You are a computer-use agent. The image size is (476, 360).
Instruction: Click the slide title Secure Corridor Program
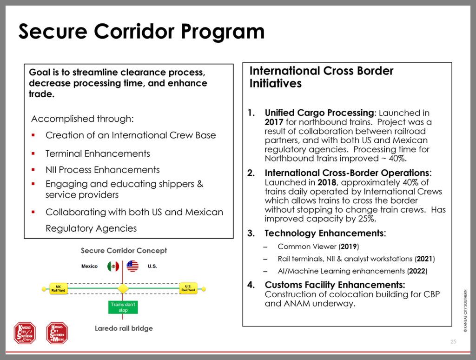141,31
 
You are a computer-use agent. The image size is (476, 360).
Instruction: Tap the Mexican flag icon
113,266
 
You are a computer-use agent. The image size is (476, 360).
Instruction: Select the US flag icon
132,266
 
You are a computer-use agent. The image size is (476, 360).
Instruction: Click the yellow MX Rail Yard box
58,288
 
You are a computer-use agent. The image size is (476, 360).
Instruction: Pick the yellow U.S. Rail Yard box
188,288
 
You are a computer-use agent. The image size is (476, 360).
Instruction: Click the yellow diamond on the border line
123,288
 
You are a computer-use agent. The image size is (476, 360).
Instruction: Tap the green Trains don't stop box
123,307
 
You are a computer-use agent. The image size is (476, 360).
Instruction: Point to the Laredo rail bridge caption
124,328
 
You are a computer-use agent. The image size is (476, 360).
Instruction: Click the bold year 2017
274,122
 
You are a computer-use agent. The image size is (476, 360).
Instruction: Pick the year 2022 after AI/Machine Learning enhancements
417,271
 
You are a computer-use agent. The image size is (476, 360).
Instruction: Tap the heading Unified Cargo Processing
319,113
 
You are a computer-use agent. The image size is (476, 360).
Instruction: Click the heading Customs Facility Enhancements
335,285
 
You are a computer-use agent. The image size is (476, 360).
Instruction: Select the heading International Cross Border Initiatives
321,77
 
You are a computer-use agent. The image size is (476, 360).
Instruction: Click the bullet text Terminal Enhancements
98,153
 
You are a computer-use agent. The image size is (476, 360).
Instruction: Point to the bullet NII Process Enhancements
102,170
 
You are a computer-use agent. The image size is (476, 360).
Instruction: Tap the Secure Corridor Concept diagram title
124,251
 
